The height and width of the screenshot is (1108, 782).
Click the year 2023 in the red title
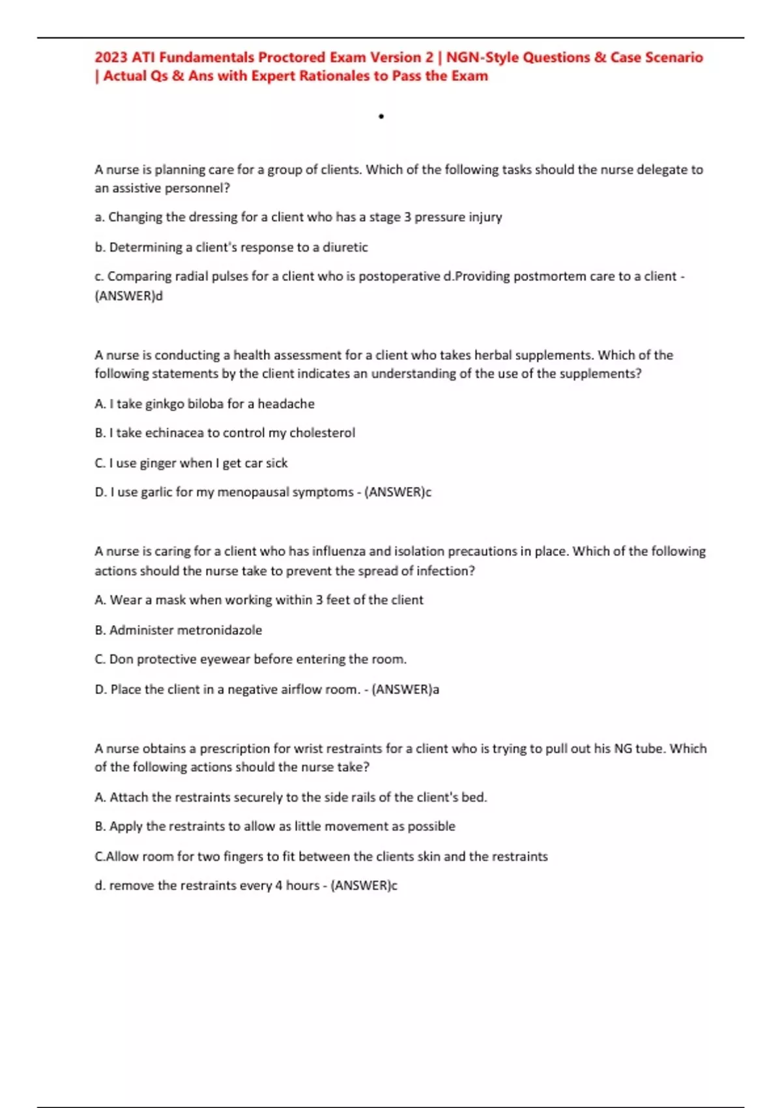click(111, 57)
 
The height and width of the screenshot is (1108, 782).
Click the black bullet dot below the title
click(381, 117)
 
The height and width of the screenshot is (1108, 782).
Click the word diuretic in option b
click(345, 247)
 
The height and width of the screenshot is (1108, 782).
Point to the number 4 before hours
click(278, 886)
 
